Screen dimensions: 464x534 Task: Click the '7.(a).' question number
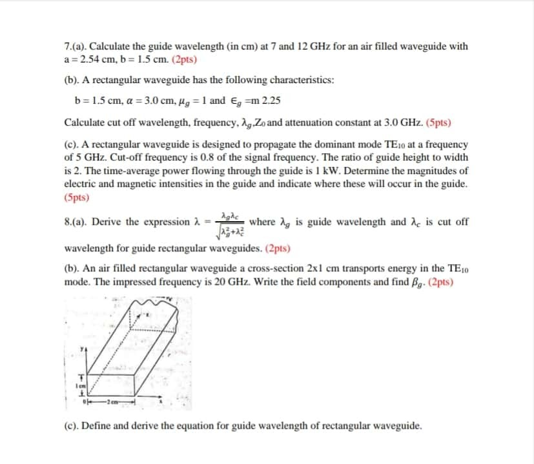point(76,46)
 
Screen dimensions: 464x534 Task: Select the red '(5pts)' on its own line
point(77,197)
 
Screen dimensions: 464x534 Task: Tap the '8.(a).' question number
point(76,222)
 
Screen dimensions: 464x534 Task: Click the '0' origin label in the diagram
point(83,403)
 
